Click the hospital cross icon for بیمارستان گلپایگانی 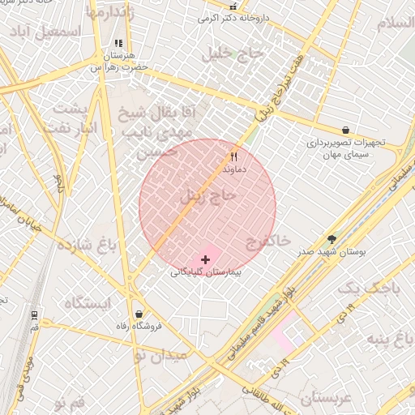pos(205,259)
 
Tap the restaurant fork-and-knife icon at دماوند pos(234,156)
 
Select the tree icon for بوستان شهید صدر pos(332,239)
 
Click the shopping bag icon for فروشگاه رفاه pos(139,314)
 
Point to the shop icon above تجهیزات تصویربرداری pos(346,130)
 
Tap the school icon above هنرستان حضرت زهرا pos(118,44)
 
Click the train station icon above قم pos(34,314)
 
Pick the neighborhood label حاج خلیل pos(236,54)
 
